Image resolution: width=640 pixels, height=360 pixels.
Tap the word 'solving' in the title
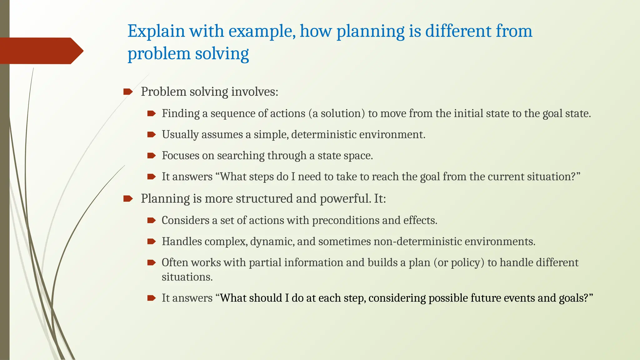222,54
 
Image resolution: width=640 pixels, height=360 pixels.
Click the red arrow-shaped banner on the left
41,51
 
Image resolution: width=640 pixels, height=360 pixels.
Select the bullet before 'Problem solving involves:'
127,92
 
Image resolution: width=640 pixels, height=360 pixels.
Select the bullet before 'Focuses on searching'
151,156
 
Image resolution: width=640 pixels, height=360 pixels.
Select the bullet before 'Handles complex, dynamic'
151,242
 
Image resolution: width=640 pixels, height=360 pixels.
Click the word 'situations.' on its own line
187,277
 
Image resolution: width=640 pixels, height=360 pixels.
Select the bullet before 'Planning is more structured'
127,199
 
